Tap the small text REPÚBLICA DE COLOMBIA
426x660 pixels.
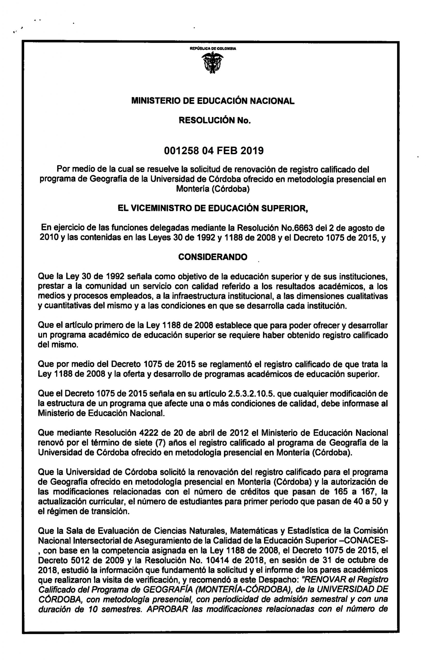(x=213, y=49)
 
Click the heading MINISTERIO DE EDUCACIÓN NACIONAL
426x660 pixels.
(x=213, y=101)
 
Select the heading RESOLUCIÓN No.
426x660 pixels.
(x=215, y=120)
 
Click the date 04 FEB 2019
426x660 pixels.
(x=233, y=151)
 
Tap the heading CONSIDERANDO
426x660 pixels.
(x=212, y=257)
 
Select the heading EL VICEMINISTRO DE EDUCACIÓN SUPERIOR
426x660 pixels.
(x=213, y=208)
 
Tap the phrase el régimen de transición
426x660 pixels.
(x=84, y=511)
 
